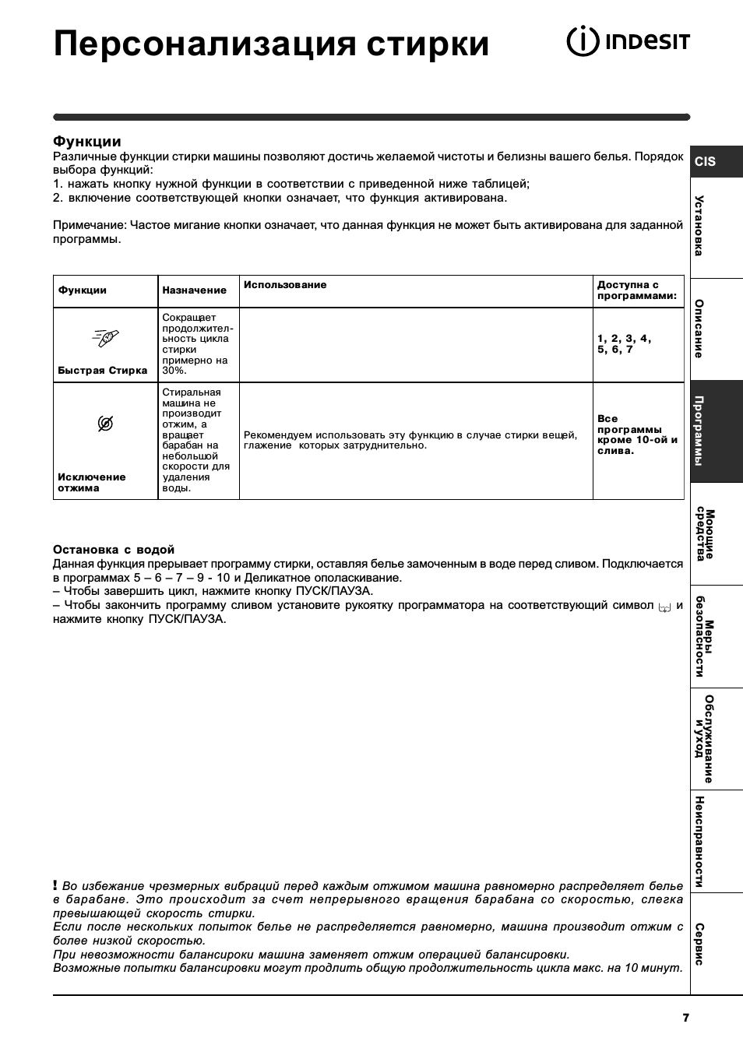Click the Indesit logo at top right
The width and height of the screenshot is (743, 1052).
[628, 42]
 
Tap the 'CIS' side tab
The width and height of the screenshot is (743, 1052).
[706, 162]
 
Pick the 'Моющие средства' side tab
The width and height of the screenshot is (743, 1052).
[705, 534]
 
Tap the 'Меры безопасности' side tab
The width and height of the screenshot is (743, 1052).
[705, 637]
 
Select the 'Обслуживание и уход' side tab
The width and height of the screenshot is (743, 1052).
[705, 739]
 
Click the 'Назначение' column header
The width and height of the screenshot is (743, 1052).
[195, 290]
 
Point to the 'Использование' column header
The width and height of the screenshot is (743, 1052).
[285, 285]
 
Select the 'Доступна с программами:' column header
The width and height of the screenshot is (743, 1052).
[637, 290]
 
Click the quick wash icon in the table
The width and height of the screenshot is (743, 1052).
[106, 337]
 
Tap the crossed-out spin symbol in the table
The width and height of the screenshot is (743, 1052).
[106, 424]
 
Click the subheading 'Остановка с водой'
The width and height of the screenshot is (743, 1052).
[114, 550]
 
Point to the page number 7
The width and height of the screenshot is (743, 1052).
[685, 1018]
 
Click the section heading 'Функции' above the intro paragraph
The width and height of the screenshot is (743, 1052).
[87, 142]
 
